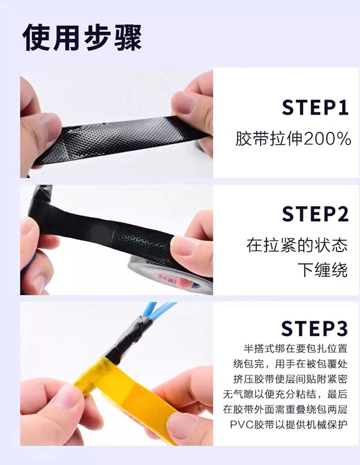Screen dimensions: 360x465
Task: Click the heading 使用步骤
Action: click(x=82, y=37)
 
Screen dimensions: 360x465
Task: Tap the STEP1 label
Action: click(x=315, y=107)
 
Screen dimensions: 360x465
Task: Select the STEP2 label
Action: click(x=315, y=214)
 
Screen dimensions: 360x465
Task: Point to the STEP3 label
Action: click(x=314, y=328)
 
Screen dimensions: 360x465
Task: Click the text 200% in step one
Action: click(x=327, y=139)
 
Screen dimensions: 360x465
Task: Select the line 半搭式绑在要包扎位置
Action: click(x=295, y=348)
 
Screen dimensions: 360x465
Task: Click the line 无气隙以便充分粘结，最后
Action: click(x=285, y=394)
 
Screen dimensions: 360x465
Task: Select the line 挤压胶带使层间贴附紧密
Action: click(x=290, y=379)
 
